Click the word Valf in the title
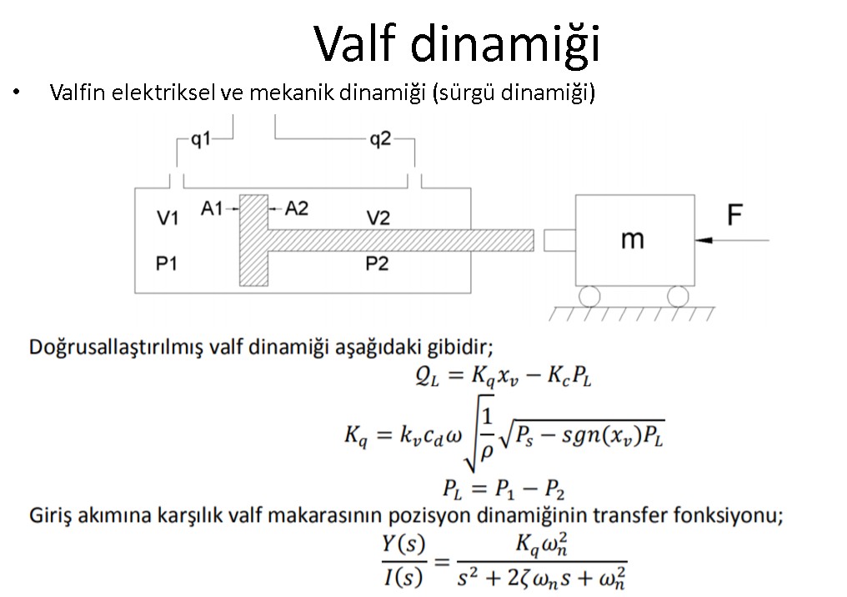(354, 43)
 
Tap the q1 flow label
(201, 139)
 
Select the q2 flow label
(380, 139)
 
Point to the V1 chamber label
(168, 218)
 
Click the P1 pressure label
(167, 263)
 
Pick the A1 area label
(212, 208)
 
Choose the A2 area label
(297, 208)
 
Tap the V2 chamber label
(378, 218)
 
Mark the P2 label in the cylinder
(377, 263)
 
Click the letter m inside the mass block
(633, 238)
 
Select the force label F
(734, 214)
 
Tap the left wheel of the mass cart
(589, 296)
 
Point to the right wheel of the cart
(678, 296)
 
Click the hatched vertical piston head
(254, 240)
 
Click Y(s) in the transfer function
(403, 544)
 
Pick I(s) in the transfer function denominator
(403, 578)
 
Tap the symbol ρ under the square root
(486, 450)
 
